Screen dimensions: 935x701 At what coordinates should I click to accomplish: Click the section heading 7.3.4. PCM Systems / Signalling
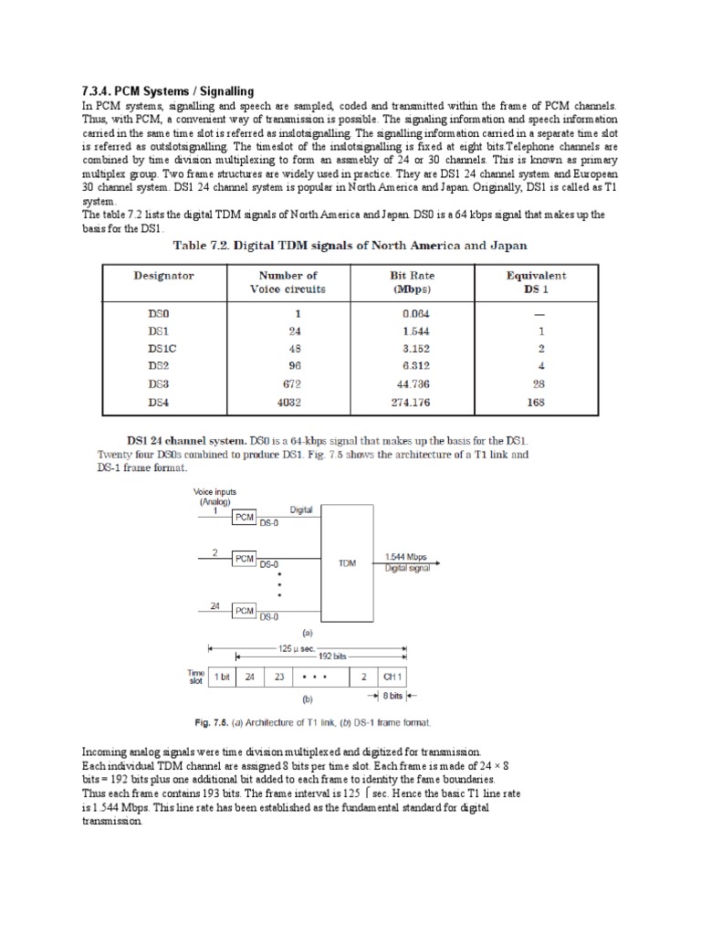tap(168, 91)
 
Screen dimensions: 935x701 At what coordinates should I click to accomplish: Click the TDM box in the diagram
tap(347, 563)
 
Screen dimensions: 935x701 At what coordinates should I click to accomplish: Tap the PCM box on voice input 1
tap(244, 517)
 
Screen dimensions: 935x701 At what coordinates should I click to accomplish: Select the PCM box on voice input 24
tap(244, 610)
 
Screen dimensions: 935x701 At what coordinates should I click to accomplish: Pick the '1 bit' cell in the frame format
tap(222, 677)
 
